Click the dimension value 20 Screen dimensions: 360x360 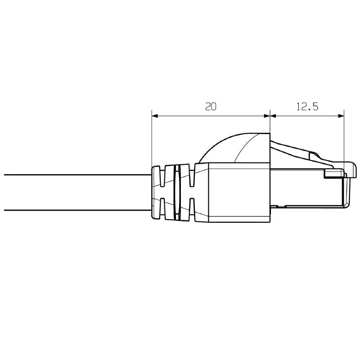tap(211, 107)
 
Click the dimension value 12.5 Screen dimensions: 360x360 tap(307, 107)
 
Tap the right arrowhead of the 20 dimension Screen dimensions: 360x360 tap(266, 116)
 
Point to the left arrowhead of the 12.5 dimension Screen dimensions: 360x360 tap(273, 116)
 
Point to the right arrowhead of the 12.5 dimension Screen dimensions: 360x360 tap(341, 116)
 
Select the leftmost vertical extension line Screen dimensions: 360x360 tap(152, 139)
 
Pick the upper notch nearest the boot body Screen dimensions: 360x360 tap(192, 177)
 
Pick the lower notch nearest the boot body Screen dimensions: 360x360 tap(192, 207)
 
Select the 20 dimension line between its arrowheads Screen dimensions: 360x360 tap(189, 116)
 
